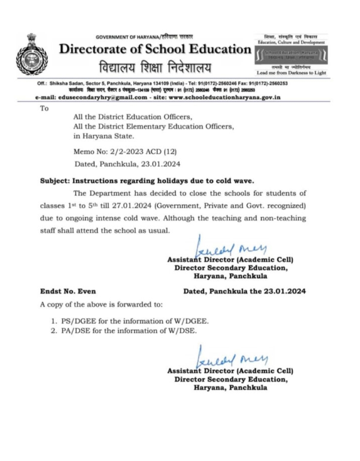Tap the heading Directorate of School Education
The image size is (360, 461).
click(155, 49)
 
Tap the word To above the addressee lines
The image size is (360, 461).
click(45, 108)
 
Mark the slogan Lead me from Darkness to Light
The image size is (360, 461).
click(291, 73)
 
